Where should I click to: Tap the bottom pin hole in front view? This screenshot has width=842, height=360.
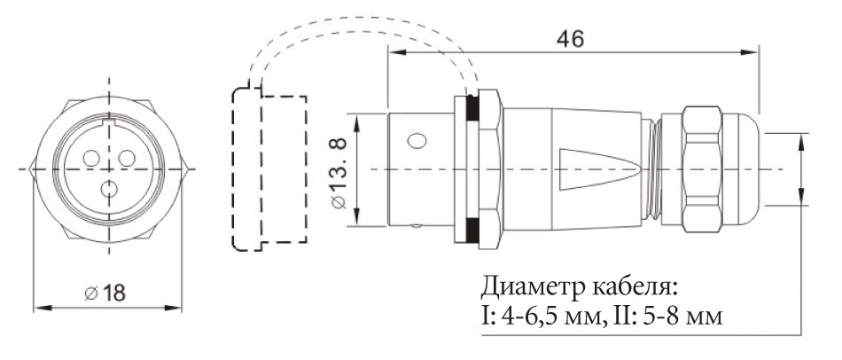109,189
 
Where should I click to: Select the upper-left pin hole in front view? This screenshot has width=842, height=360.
91,158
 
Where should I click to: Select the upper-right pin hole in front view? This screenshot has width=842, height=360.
127,158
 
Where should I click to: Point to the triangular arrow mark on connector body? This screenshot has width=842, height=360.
603,168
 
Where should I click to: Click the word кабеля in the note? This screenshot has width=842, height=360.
630,288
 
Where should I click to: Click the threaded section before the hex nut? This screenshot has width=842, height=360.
655,168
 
